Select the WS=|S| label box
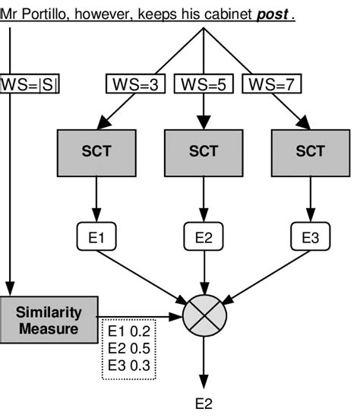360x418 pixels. (30, 84)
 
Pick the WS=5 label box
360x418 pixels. (204, 84)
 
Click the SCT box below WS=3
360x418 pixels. (96, 150)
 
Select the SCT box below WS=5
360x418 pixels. (204, 150)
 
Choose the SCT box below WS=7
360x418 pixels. (310, 150)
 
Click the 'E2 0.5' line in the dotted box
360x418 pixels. (130, 348)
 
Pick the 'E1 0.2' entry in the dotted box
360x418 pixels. (130, 331)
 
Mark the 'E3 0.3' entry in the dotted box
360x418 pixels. (130, 365)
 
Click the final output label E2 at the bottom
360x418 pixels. (204, 404)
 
